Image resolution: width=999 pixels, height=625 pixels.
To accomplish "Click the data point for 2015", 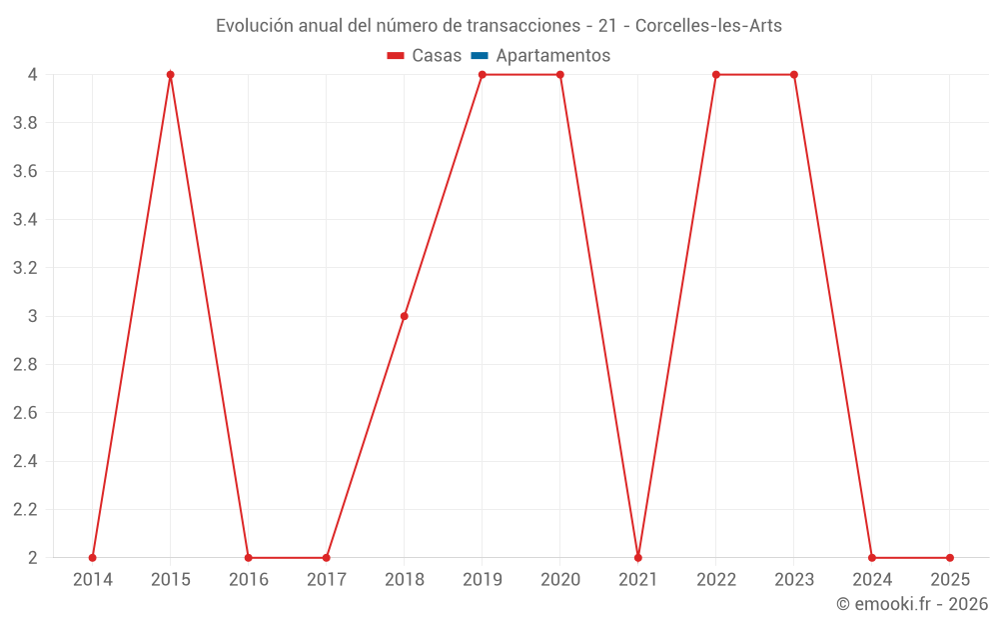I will coord(171,75).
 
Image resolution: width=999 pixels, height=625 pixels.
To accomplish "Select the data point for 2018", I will coord(405,316).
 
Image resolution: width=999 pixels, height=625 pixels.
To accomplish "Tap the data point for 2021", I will coord(638,557).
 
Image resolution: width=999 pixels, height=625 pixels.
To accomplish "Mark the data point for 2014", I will coord(93,557).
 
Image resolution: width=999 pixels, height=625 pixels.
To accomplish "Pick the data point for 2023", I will coord(794,75).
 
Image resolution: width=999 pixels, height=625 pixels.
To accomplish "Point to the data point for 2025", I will coord(950,557).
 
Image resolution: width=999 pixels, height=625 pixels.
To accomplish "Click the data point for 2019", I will coord(483,75).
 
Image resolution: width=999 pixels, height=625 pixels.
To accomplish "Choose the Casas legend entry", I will coord(425,56).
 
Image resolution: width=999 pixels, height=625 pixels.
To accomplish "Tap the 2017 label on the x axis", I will coord(327,580).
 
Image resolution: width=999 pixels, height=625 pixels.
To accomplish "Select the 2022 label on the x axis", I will coord(716,580).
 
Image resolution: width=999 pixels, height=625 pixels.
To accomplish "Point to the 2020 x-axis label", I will coord(560,580).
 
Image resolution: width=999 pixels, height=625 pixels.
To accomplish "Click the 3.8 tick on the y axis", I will coord(25,123).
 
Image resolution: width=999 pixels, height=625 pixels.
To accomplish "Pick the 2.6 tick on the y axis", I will coord(25,413).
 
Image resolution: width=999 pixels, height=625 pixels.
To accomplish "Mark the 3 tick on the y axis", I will coord(33,316).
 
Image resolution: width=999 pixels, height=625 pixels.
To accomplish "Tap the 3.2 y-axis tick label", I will coord(25,268).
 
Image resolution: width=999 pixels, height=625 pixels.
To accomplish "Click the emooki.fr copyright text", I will coord(912,604).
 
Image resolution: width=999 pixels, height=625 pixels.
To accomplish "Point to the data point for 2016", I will coord(249,557).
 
